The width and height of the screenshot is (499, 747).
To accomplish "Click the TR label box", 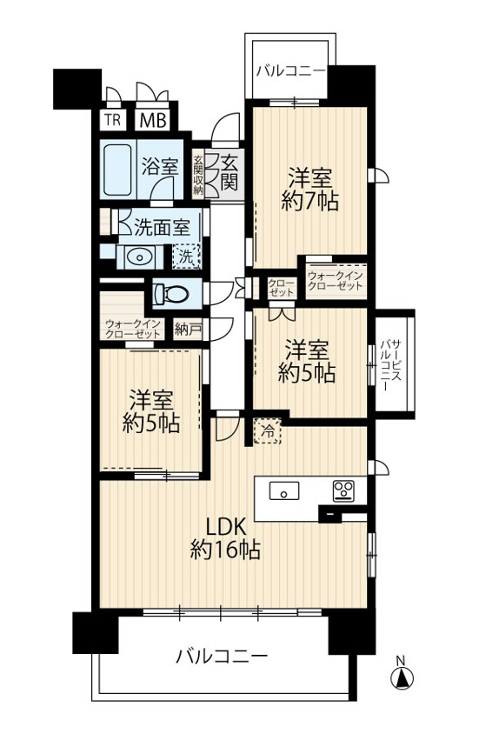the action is click(113, 120).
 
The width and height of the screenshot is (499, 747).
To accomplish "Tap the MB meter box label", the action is click(153, 120).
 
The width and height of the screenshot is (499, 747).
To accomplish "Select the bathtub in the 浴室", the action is click(117, 170).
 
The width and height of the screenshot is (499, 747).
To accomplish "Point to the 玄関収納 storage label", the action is click(198, 174).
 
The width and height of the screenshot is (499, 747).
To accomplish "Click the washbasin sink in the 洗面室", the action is click(139, 257).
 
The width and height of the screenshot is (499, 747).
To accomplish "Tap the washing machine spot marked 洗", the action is click(186, 257).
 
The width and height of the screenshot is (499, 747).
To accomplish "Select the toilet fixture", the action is click(170, 293).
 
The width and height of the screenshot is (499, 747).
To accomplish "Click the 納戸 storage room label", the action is click(188, 330).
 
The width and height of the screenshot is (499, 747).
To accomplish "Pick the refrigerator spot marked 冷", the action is click(268, 430).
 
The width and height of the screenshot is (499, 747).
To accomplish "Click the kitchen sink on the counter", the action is click(284, 490).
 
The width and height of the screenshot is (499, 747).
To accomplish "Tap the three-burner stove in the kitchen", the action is click(343, 490).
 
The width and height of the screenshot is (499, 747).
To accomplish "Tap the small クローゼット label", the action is click(281, 287).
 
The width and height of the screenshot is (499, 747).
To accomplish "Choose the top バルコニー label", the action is click(291, 71).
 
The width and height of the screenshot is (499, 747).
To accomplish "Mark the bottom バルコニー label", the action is click(222, 657).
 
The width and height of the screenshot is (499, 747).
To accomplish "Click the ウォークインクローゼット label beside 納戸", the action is click(133, 328).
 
